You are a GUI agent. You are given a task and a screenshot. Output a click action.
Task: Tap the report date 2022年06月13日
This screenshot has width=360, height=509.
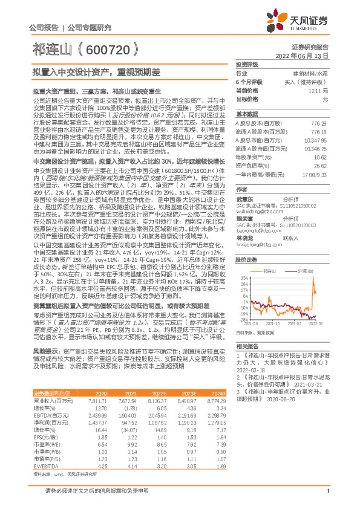pos(304,54)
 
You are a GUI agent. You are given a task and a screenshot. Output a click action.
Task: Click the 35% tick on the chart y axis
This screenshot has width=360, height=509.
pos(243,277)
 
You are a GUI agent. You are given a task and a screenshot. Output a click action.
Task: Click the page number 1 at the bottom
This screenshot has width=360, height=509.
pos(327,498)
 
